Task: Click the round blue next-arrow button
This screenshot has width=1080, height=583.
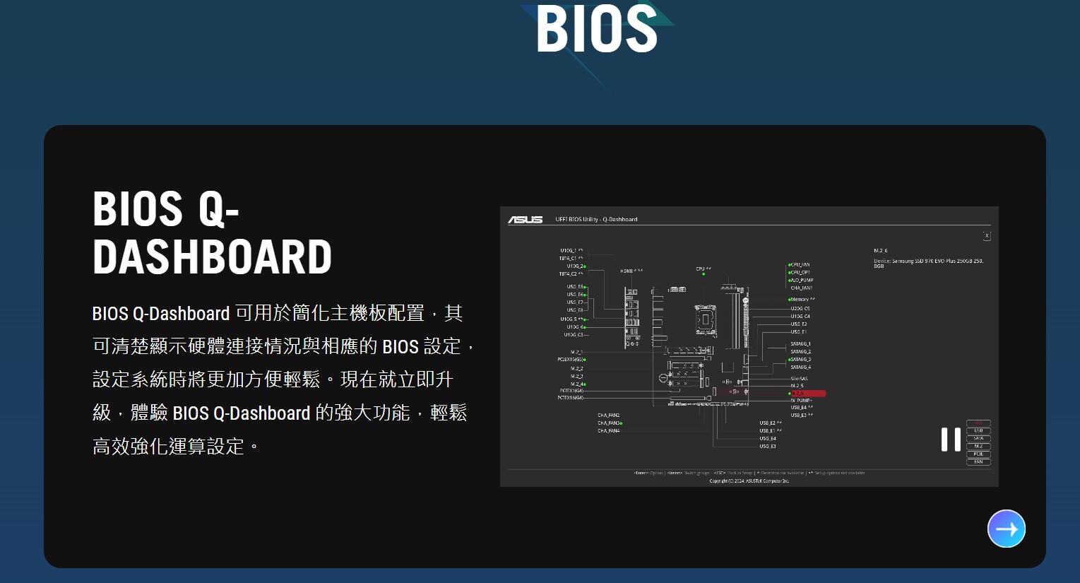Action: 1006,529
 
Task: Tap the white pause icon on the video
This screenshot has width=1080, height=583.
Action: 951,440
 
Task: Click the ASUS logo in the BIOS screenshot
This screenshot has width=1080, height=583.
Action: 526,220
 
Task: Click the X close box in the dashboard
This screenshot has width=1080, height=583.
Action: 987,236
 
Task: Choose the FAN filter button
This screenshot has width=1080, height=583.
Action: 978,462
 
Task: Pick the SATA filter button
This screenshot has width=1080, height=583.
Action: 978,439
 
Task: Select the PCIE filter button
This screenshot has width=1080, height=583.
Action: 978,454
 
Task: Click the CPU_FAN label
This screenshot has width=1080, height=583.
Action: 800,265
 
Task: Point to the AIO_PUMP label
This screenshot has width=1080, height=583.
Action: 802,281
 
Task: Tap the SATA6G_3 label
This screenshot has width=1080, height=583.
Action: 800,360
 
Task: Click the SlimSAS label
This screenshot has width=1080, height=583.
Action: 799,379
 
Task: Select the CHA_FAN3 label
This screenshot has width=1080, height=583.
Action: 609,423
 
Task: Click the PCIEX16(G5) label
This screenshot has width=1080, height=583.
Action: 570,360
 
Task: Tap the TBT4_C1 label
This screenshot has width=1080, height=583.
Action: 570,259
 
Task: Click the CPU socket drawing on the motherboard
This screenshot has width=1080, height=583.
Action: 704,320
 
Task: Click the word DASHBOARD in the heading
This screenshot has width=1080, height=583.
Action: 212,257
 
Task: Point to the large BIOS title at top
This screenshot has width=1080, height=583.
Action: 597,30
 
